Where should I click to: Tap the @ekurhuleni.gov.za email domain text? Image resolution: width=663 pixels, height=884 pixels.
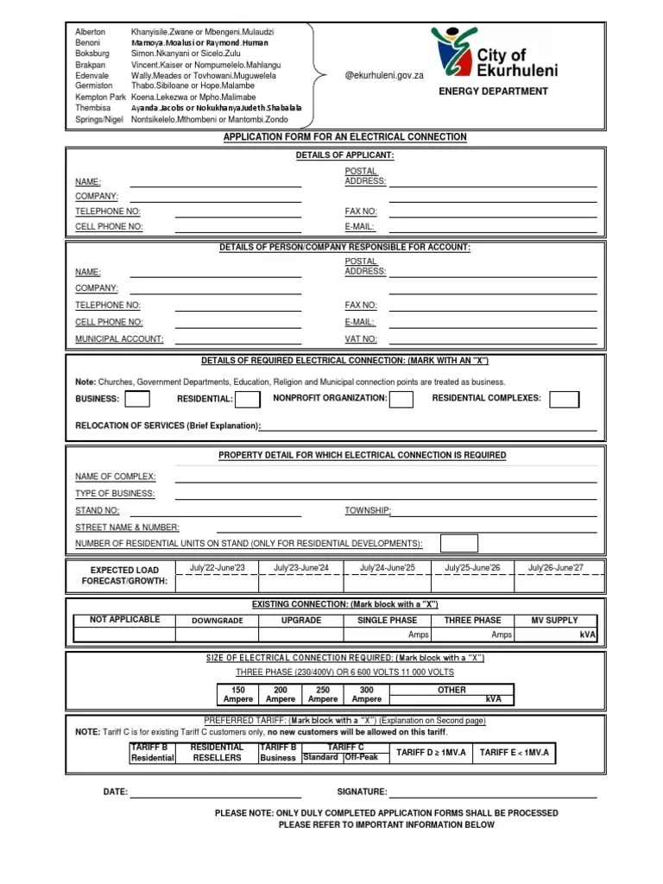[384, 76]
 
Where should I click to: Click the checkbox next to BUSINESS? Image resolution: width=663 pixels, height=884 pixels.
[136, 399]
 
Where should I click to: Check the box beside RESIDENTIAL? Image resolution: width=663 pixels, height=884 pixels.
[248, 399]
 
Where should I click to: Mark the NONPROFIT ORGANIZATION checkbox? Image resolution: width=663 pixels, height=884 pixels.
[401, 399]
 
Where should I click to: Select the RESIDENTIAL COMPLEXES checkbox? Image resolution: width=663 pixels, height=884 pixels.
[565, 399]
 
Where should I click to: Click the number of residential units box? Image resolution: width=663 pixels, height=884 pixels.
[458, 543]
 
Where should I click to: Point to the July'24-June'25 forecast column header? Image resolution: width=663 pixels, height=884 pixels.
[388, 567]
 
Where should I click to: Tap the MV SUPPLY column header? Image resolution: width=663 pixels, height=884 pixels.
[556, 620]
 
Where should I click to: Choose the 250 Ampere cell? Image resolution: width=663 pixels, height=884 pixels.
[323, 695]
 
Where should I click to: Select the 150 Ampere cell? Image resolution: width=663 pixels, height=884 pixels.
[238, 695]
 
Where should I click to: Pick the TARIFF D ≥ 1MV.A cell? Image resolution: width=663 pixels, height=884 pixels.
[431, 753]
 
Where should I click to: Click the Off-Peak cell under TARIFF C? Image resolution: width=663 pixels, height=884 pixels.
[361, 757]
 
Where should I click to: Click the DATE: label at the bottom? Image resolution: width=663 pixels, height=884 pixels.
[116, 792]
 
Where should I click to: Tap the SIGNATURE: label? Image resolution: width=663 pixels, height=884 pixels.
[362, 792]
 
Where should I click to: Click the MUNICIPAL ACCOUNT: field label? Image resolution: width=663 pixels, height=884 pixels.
[119, 339]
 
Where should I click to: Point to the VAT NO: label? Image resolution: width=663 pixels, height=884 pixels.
[361, 339]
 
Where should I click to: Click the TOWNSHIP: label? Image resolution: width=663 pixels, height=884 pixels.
[368, 510]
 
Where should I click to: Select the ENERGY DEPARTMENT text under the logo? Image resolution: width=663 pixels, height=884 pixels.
[493, 91]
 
